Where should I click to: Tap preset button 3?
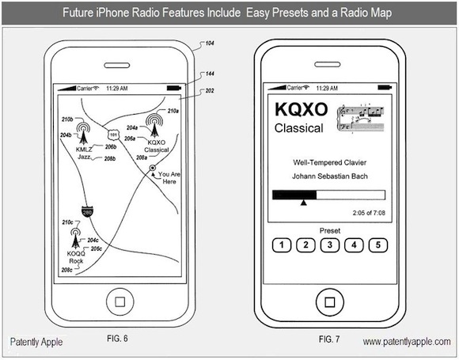330,245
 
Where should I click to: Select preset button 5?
378,245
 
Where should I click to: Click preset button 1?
282,245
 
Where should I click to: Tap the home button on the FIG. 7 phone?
330,302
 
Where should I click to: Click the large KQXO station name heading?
301,109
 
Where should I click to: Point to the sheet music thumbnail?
361,119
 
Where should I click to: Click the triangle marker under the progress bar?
304,203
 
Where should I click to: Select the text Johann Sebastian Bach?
330,176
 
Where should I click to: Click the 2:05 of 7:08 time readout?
369,213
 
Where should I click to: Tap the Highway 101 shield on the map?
113,135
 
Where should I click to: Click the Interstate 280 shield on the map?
87,211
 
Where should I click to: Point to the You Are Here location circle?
153,168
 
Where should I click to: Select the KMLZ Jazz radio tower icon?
83,133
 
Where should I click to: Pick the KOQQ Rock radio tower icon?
75,238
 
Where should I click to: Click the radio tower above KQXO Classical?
154,125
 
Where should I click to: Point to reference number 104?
210,44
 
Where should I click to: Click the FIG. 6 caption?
117,339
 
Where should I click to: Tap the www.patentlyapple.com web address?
407,342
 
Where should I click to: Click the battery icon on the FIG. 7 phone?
385,87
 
